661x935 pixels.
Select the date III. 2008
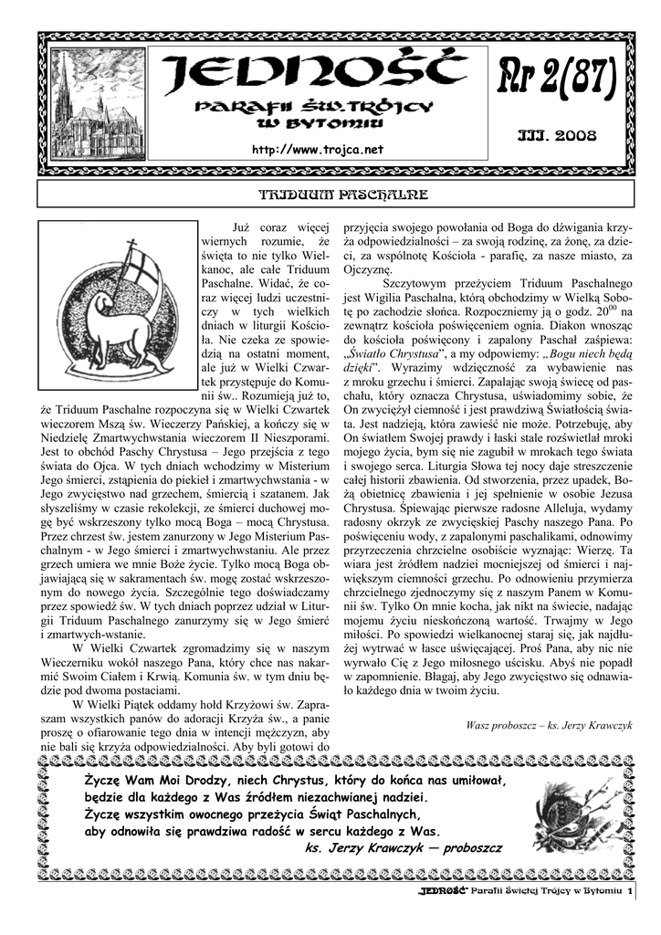556,135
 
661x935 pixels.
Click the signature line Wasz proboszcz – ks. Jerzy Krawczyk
549,724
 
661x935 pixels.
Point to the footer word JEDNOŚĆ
444,890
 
